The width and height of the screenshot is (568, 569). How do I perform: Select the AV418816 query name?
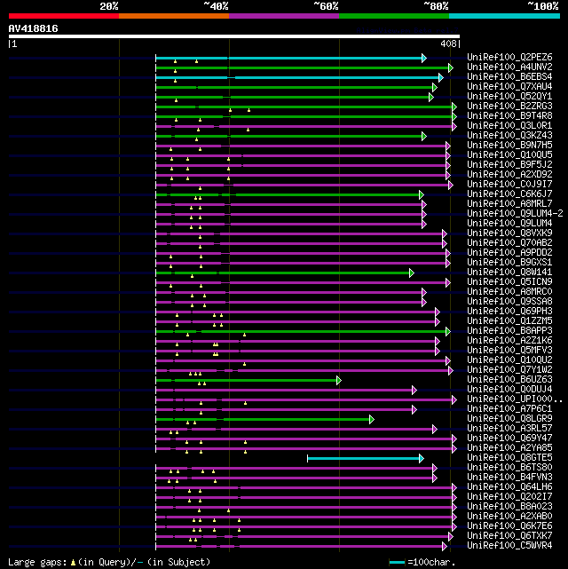[x=34, y=28]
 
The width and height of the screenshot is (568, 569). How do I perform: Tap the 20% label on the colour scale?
[x=109, y=6]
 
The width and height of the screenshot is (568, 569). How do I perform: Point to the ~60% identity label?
[x=326, y=6]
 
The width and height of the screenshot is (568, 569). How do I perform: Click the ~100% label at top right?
[x=542, y=6]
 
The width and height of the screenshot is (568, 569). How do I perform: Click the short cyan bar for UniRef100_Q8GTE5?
[x=364, y=458]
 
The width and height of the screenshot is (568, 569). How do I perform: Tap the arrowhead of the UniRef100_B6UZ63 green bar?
[x=338, y=380]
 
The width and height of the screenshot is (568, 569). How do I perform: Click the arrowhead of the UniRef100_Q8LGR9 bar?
[x=371, y=419]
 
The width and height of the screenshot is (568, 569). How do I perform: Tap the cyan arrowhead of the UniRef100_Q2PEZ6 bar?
[x=423, y=58]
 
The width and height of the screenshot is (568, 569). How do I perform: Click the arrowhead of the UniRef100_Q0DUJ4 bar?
[x=414, y=390]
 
